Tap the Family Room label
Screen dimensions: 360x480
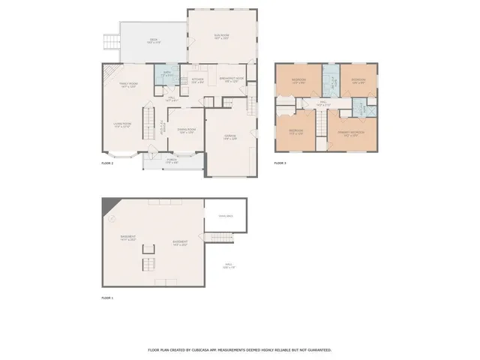click(128, 85)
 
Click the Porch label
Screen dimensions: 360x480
click(171, 161)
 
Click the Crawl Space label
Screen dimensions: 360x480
click(226, 216)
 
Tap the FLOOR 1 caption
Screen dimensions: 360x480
click(107, 298)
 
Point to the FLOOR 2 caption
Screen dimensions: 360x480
click(107, 163)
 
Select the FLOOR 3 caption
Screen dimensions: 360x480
click(280, 163)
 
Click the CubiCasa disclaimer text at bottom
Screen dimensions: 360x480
click(239, 349)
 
